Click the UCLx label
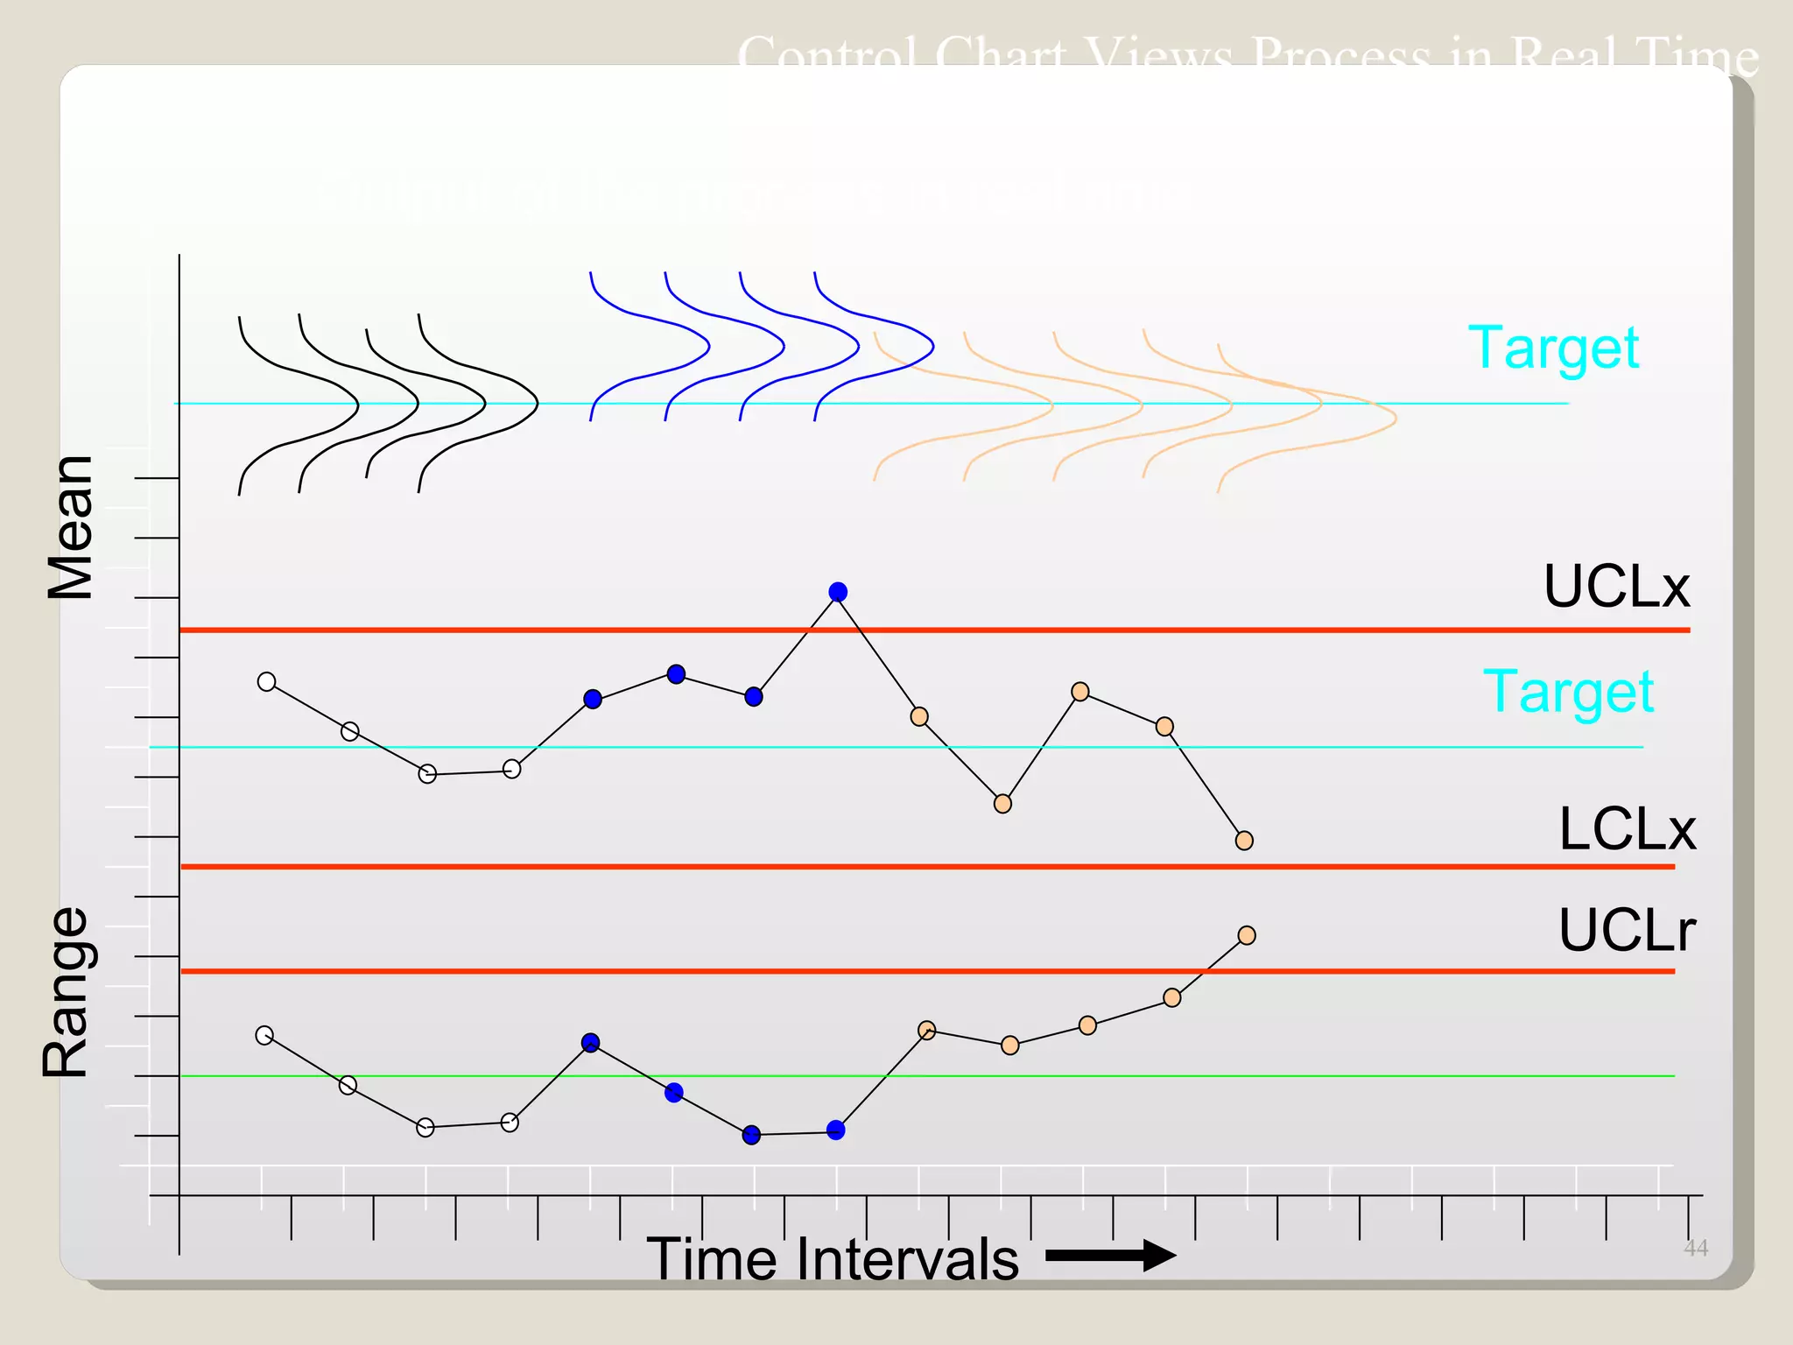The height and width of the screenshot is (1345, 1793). pos(1615,586)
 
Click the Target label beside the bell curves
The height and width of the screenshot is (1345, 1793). pos(1553,348)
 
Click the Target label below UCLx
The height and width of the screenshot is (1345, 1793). pos(1568,692)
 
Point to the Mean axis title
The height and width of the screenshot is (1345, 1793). pos(70,527)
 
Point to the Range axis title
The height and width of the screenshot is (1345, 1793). pos(67,992)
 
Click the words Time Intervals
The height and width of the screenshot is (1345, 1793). pos(833,1259)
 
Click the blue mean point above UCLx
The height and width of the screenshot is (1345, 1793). pos(838,592)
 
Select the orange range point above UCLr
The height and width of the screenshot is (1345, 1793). pos(1247,935)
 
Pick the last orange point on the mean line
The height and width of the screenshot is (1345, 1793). pos(1244,841)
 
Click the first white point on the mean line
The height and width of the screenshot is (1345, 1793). pos(267,681)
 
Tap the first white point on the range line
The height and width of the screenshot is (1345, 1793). pos(264,1035)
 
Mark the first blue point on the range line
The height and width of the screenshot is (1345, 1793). pos(590,1042)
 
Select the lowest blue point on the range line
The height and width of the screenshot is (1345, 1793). pos(751,1135)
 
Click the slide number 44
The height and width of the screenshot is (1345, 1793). pos(1695,1248)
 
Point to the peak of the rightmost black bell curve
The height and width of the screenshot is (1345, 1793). pos(537,403)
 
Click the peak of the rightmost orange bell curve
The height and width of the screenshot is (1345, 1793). pos(1396,417)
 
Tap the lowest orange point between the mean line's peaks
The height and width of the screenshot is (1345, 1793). pos(1003,803)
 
